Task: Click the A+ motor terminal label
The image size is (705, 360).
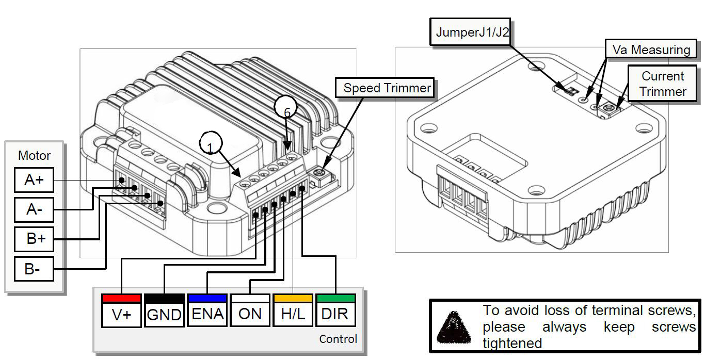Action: pos(34,180)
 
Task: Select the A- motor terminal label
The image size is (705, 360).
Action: pos(34,209)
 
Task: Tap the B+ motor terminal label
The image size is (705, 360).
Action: pos(34,239)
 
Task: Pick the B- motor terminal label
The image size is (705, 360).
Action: pos(34,268)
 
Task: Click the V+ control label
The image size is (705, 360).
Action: pos(121,314)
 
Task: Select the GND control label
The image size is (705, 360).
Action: pos(164,314)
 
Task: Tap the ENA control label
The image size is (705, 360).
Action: pos(207,314)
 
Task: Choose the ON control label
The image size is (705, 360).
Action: pos(250,314)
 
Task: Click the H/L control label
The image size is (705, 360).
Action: pos(293,314)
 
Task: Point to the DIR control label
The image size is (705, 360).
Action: pos(335,314)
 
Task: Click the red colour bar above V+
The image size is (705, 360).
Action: pos(121,298)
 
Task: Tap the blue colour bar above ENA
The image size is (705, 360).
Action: pos(207,298)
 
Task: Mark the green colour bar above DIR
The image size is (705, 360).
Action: pos(335,298)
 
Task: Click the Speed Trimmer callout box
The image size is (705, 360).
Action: pos(387,88)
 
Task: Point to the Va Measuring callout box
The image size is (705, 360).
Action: pos(650,50)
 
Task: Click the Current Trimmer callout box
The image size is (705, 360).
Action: pos(663,84)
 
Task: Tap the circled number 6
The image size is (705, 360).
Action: pos(287,109)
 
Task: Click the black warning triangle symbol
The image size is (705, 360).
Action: pos(454,326)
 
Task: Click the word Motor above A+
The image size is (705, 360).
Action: pos(34,155)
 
